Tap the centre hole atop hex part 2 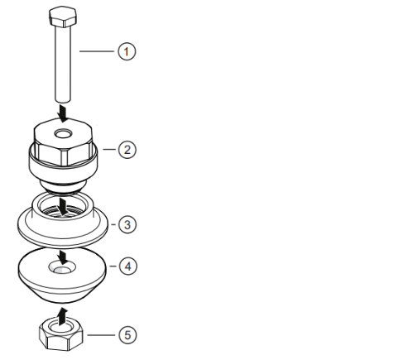point(64,133)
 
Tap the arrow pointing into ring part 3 point(63,203)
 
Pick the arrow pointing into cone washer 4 point(63,254)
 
